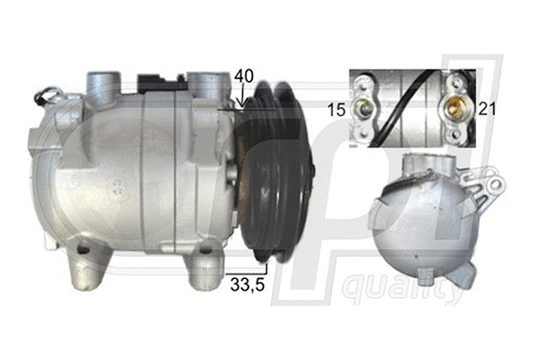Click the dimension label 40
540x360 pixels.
[243, 76]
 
